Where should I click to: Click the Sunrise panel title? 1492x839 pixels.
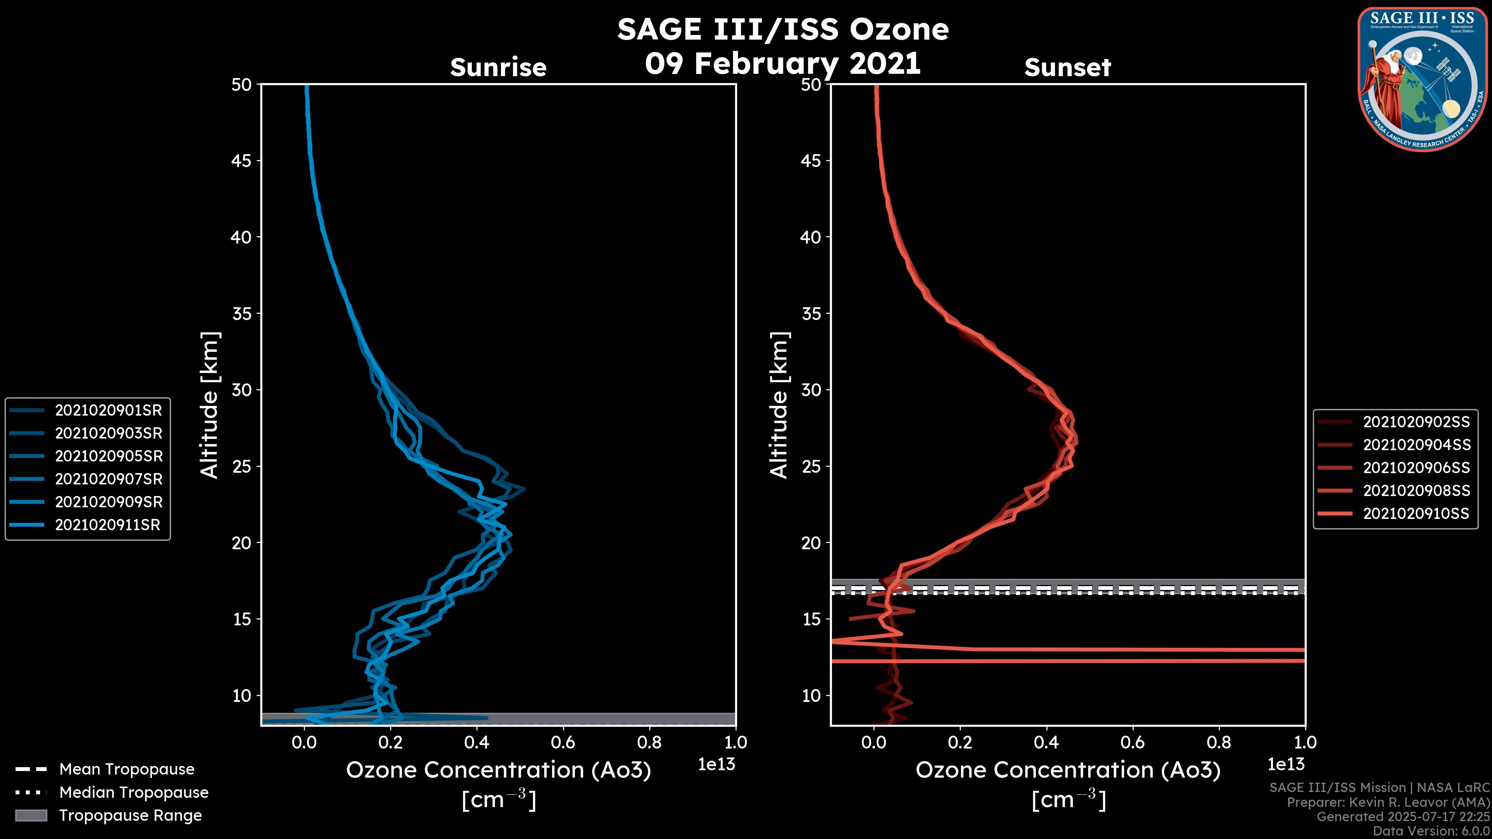(x=498, y=68)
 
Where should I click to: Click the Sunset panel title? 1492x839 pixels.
(x=1067, y=68)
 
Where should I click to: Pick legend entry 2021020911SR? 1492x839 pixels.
(x=107, y=525)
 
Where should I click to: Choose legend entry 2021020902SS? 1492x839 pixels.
(x=1415, y=422)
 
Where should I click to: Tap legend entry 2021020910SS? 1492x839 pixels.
(x=1415, y=513)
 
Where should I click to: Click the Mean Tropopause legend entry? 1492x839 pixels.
(x=126, y=769)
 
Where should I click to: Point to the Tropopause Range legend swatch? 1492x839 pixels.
(x=31, y=815)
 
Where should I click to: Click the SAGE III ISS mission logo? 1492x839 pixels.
(x=1422, y=79)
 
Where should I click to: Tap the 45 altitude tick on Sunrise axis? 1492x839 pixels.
(x=241, y=161)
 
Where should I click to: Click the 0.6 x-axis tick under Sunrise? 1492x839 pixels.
(x=563, y=742)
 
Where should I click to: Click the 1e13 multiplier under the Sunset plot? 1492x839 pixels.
(x=1286, y=764)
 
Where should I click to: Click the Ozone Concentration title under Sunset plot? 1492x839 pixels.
(x=1067, y=770)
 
